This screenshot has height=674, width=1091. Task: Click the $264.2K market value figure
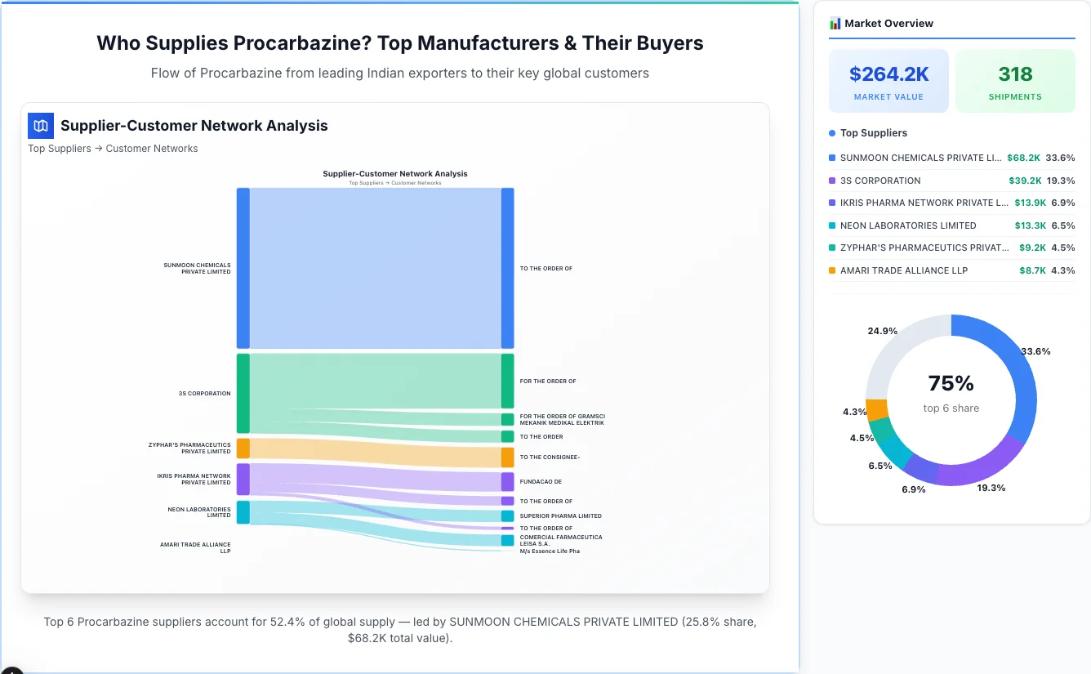(888, 74)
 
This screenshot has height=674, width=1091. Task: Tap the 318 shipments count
(1015, 74)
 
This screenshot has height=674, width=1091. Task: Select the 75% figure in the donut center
(951, 383)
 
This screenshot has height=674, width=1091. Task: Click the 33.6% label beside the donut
(1035, 351)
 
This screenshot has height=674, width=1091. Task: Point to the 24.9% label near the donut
(882, 331)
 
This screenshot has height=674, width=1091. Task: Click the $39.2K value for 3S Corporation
(1025, 181)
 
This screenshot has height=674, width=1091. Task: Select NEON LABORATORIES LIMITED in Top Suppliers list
(908, 225)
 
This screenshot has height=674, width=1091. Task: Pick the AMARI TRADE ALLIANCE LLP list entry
(903, 270)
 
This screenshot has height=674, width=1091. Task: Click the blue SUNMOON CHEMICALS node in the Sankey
(243, 268)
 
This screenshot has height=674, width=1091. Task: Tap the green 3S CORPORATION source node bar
(243, 393)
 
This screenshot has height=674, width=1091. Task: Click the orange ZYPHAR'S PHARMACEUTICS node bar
(243, 448)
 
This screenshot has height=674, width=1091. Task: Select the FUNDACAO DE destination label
(541, 482)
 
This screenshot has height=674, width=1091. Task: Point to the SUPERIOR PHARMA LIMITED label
(560, 516)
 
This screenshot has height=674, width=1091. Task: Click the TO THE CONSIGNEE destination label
(550, 458)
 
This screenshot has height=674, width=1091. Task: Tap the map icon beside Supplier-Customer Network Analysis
(41, 126)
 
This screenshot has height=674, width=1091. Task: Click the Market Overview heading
(888, 24)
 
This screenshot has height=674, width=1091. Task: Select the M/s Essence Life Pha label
(550, 551)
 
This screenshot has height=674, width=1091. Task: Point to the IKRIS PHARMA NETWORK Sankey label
(194, 479)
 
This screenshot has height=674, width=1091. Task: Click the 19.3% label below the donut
(991, 488)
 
